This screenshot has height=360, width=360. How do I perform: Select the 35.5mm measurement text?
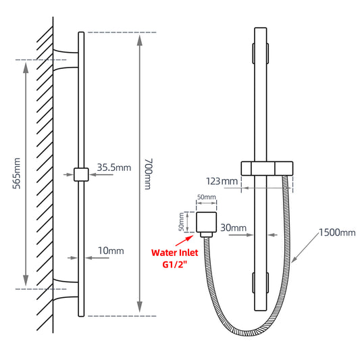[x=113, y=168]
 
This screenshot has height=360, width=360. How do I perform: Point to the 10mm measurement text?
[x=111, y=251]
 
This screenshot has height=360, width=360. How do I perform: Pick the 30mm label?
[x=234, y=228]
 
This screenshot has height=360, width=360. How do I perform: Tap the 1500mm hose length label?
[x=336, y=233]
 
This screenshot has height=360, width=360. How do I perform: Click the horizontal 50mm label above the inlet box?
[x=206, y=197]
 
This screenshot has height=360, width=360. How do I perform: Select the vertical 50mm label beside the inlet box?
[x=181, y=222]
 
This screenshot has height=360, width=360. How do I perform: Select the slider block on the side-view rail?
[x=81, y=174]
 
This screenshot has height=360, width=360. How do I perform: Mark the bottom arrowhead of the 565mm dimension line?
[x=26, y=283]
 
